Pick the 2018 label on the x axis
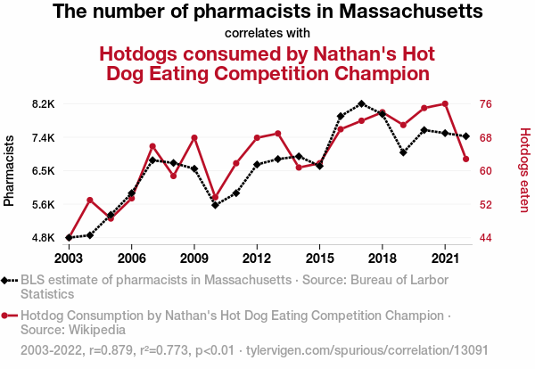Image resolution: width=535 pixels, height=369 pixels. pos(383,258)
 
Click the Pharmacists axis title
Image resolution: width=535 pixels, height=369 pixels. pos(10,170)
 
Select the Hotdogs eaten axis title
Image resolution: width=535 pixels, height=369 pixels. pos(524,170)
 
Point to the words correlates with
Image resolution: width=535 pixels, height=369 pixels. pos(267,33)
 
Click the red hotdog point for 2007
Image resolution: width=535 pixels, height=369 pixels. pos(152,146)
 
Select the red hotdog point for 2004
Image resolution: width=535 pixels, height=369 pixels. pos(89,200)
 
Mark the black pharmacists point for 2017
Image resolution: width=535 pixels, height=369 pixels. pos(361,103)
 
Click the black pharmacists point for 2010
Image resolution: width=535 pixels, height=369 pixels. pos(215,205)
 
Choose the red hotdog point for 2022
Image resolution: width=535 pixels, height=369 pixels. pos(466,159)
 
